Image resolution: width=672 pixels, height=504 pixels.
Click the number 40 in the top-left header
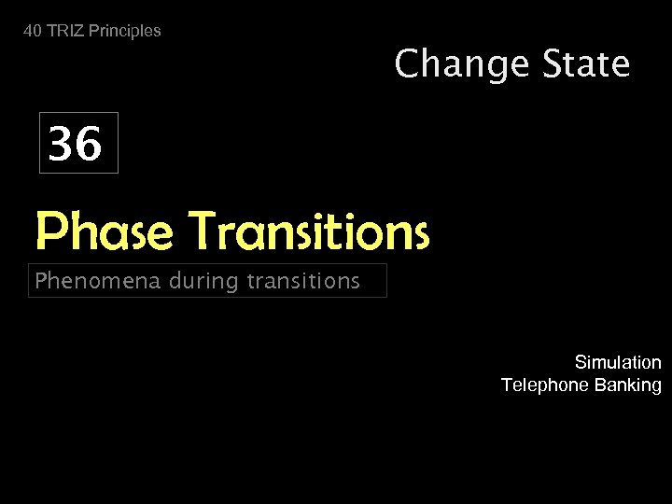[33, 31]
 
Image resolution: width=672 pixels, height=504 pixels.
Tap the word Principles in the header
[125, 31]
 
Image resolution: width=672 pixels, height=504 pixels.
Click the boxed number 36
[76, 145]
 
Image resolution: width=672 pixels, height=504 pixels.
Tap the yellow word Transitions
[309, 231]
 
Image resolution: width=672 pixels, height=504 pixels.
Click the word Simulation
[618, 362]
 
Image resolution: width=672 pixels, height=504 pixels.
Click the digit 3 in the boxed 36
[63, 145]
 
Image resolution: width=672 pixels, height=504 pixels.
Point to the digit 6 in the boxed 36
[89, 145]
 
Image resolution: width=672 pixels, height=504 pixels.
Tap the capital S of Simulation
[581, 362]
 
